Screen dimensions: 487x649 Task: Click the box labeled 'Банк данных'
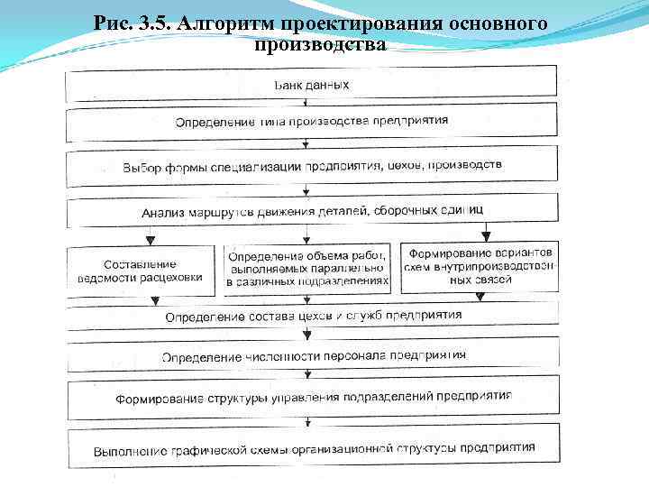311,86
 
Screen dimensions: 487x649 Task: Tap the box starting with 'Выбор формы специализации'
311,167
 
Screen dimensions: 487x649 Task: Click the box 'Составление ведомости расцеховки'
141,271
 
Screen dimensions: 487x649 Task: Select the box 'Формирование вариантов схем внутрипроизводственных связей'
480,266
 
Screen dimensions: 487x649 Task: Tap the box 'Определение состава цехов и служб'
311,316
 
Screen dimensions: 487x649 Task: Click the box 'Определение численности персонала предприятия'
311,355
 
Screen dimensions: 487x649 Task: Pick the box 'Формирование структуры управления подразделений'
311,396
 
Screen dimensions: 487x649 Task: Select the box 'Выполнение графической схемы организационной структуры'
311,447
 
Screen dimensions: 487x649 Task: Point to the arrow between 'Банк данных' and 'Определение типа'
307,103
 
